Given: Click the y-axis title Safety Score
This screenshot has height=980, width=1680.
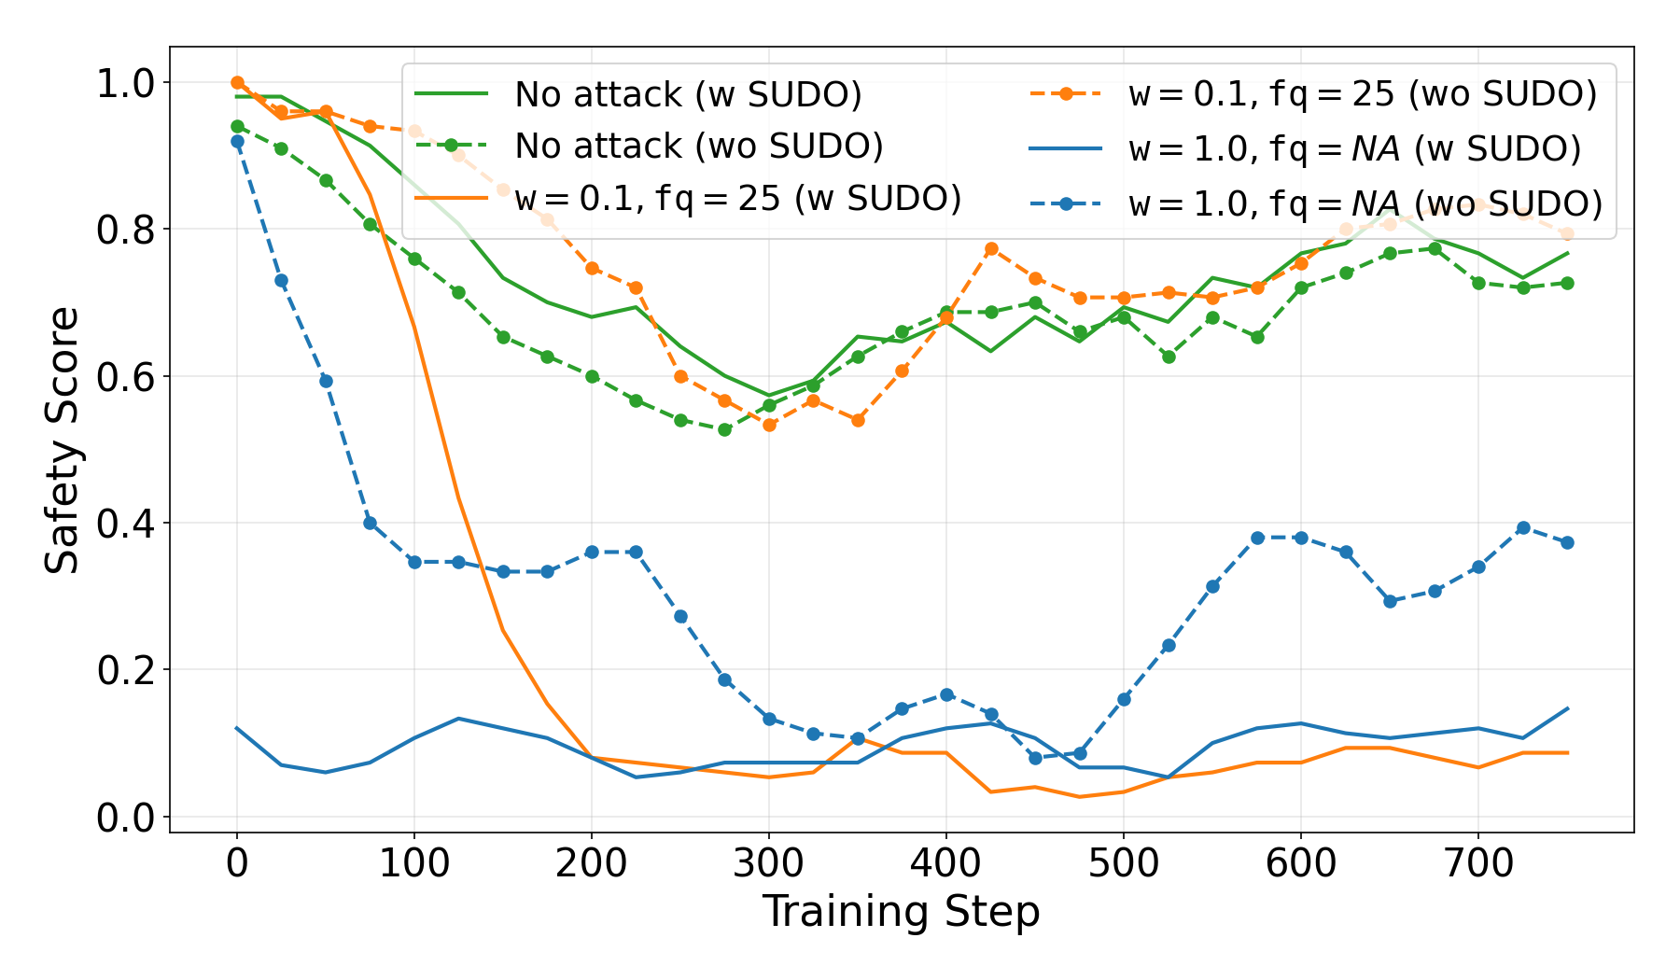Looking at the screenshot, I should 63,440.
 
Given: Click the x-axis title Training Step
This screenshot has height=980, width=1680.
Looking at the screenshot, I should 901,912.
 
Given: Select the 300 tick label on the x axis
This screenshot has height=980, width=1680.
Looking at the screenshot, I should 768,863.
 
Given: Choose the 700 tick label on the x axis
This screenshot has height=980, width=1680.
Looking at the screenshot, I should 1477,863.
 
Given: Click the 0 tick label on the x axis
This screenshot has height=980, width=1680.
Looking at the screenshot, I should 237,863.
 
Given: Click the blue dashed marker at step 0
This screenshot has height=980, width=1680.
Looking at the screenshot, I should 237,141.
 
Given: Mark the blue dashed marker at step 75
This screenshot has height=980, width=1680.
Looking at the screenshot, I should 370,523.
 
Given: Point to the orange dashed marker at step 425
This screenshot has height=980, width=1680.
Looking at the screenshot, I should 991,249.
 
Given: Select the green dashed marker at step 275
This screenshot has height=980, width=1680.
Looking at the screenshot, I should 724,429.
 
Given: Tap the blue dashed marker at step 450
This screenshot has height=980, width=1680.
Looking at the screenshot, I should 1035,758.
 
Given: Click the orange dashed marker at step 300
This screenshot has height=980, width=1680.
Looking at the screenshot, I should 769,425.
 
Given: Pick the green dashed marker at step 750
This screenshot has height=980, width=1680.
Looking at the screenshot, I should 1567,283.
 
